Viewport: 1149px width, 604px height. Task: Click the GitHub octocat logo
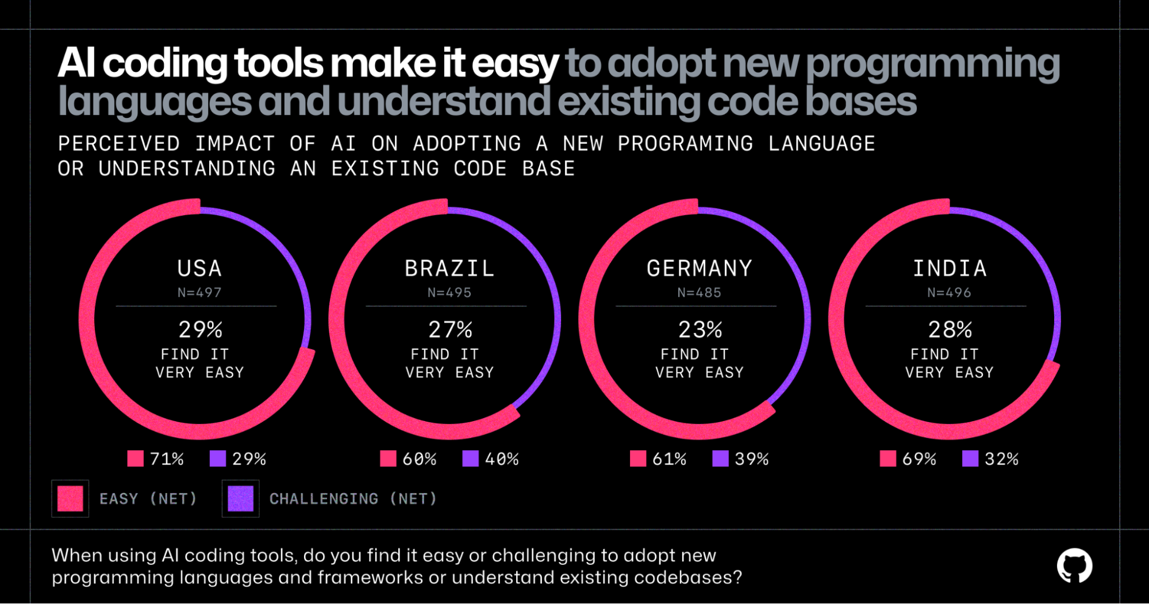[x=1074, y=565]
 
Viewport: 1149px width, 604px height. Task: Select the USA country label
[x=199, y=269]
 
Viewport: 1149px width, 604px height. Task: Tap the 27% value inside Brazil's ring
[x=450, y=330]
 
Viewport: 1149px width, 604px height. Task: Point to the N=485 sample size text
[x=699, y=293]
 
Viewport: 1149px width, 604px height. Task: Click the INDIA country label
[x=950, y=269]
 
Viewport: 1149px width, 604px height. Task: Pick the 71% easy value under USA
[x=167, y=459]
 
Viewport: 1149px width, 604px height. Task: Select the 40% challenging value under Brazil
[x=502, y=459]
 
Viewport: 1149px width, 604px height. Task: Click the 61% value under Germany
[x=669, y=459]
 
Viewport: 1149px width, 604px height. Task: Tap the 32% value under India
[x=1001, y=459]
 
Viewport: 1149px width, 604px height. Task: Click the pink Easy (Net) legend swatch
[x=70, y=499]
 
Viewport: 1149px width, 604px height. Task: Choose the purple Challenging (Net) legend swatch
[x=240, y=499]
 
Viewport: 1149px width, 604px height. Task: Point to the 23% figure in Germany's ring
[x=700, y=330]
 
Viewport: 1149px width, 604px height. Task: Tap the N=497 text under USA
[x=199, y=293]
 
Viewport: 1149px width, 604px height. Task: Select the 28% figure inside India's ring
[x=950, y=330]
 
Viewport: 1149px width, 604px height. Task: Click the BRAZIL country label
[x=449, y=269]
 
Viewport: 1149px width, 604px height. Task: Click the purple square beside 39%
[x=720, y=458]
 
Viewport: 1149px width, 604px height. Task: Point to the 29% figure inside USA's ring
[x=200, y=330]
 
